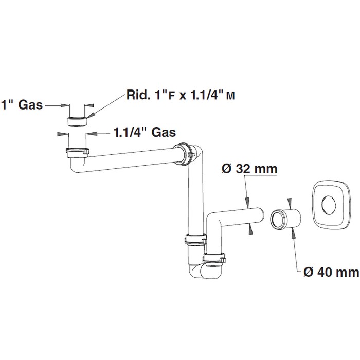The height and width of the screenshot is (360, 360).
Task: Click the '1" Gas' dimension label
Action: (22, 105)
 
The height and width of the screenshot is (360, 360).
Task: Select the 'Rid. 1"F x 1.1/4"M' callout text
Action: (181, 95)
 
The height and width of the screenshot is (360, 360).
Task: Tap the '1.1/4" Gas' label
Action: (145, 132)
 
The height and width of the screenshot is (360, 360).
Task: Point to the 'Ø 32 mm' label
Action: (249, 169)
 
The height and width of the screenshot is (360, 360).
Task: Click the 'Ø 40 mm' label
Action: (331, 272)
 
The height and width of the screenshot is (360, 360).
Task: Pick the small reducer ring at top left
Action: (77, 121)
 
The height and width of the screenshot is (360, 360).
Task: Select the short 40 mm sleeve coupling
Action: (285, 219)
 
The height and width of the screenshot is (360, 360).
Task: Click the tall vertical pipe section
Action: (195, 200)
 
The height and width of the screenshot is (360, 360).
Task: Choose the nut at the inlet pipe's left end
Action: (77, 152)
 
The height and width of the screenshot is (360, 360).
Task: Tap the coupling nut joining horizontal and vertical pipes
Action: (183, 154)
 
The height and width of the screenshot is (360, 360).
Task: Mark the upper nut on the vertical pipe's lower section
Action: (195, 240)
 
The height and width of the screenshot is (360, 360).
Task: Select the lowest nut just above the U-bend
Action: (214, 259)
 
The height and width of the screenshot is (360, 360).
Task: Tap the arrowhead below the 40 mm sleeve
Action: (293, 233)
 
